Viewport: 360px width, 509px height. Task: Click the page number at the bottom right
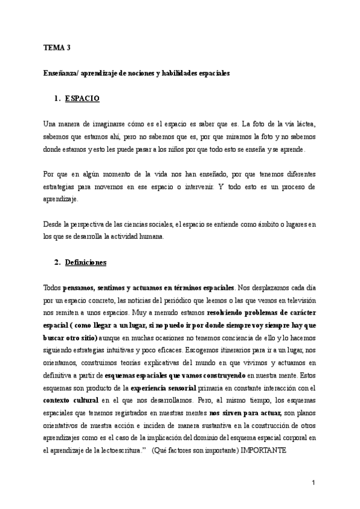click(314, 483)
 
